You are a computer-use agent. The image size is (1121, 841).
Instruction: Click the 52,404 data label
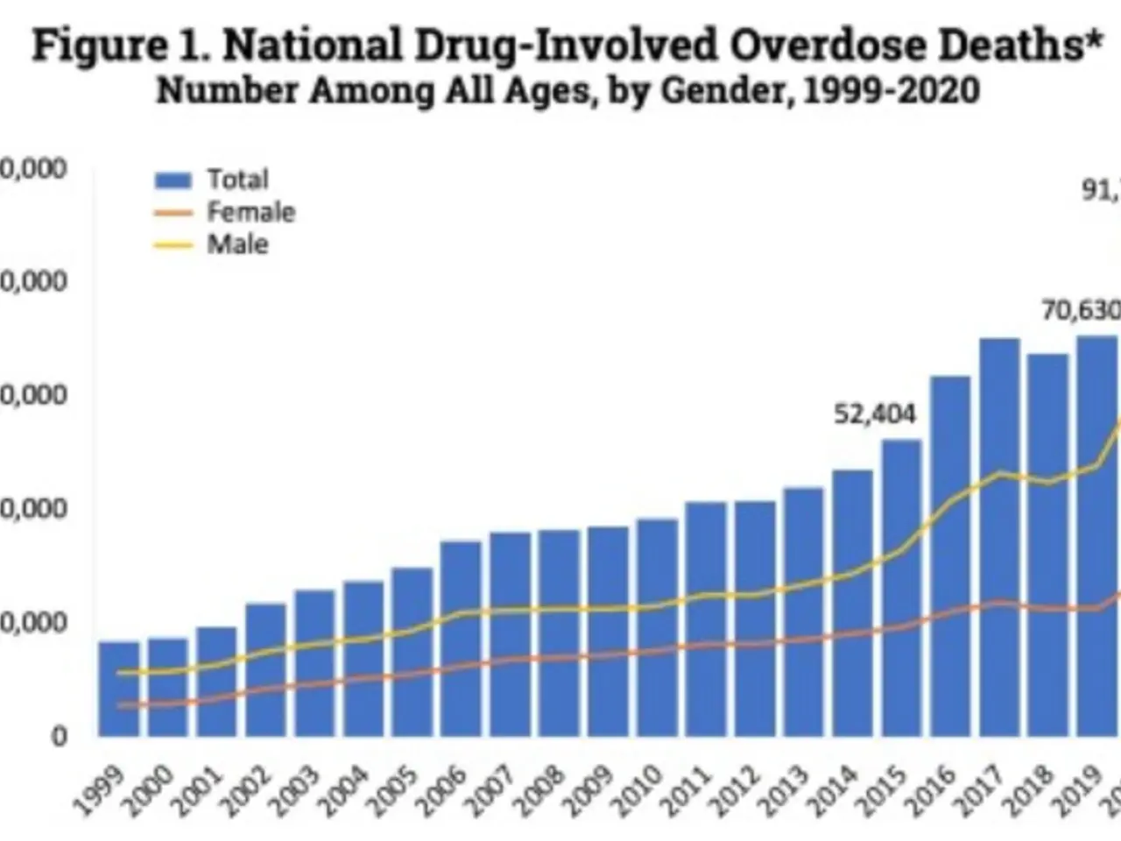coord(874,413)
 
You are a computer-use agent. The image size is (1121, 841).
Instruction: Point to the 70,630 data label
coord(1081,310)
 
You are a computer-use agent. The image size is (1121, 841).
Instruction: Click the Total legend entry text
coord(237,180)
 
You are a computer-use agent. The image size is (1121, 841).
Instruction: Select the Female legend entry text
coord(250,212)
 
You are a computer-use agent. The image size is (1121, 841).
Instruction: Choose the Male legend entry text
coord(237,244)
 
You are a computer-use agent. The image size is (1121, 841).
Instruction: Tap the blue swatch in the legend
coord(173,180)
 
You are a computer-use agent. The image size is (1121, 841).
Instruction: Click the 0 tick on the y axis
coord(59,737)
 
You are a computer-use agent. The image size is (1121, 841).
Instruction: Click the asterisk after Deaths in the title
coord(1093,39)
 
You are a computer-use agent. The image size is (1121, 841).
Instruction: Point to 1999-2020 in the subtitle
coord(891,90)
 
